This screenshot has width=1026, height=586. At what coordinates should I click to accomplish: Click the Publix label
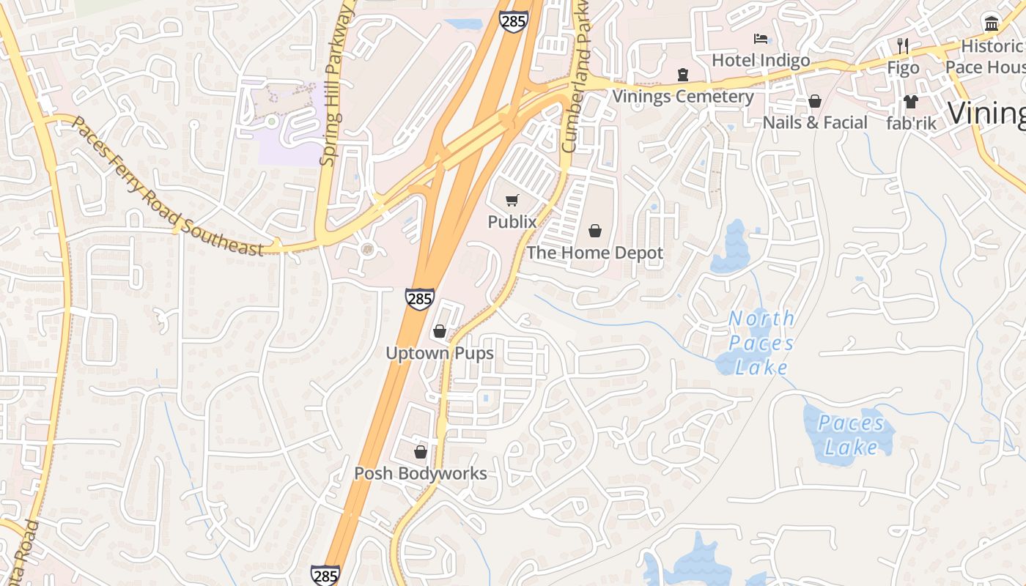click(512, 221)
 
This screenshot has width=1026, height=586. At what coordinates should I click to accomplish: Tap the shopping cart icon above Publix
click(512, 200)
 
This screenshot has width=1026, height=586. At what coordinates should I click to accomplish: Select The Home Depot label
click(594, 253)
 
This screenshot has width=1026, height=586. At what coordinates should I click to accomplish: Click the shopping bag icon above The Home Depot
click(594, 231)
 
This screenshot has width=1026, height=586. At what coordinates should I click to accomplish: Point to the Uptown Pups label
click(440, 353)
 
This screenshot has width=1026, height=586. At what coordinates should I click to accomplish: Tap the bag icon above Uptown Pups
click(440, 331)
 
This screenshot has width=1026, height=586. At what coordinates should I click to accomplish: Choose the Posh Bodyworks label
click(421, 473)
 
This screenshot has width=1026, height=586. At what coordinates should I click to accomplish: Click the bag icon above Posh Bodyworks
click(421, 452)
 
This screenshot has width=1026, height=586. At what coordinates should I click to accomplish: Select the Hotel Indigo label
click(761, 60)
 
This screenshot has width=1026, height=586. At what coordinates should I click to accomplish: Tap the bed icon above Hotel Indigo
click(761, 39)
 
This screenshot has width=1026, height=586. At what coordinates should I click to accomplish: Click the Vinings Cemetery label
click(683, 96)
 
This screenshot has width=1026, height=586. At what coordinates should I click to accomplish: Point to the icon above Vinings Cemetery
click(683, 74)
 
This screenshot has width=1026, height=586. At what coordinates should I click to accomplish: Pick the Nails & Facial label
click(815, 122)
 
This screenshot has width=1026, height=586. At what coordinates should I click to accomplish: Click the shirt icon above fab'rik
click(911, 101)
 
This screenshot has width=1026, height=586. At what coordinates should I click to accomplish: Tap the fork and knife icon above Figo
click(903, 45)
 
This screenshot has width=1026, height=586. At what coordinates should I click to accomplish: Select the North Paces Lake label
click(761, 343)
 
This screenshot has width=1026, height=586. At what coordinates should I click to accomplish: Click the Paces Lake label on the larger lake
click(852, 435)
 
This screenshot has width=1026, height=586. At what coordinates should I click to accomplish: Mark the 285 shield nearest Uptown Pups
click(419, 299)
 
